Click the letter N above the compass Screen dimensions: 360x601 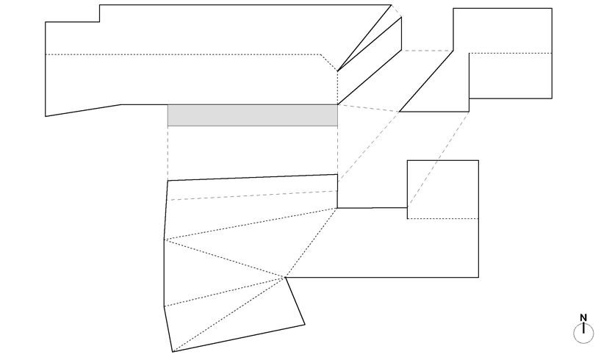583,318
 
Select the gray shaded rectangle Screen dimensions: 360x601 252,115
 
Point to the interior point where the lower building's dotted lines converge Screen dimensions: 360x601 284,277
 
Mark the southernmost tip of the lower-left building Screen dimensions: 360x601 173,352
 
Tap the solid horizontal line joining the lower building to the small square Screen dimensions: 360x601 372,208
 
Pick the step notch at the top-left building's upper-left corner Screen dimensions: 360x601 100,22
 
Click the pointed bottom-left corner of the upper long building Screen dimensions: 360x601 46,116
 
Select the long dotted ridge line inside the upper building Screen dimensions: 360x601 184,54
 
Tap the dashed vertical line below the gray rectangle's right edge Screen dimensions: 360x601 337,151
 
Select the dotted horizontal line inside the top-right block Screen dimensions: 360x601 510,54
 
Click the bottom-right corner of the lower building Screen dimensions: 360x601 478,277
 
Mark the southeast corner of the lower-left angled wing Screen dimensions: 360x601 304,324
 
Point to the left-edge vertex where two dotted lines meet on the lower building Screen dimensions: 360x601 164,240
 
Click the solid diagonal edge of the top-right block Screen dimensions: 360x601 426,81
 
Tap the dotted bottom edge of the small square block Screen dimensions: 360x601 443,219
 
